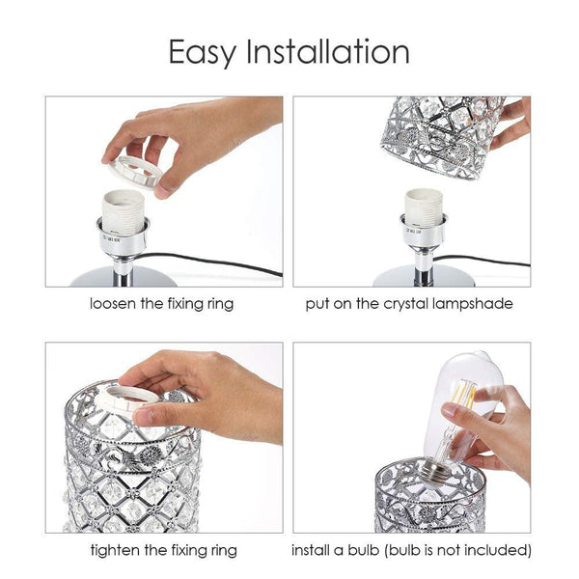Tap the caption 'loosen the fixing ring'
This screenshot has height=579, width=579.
click(x=161, y=304)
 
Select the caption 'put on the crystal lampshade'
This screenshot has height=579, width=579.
click(x=409, y=304)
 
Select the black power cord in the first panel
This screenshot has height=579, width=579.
click(x=222, y=263)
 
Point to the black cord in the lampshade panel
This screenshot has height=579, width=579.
click(x=492, y=261)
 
